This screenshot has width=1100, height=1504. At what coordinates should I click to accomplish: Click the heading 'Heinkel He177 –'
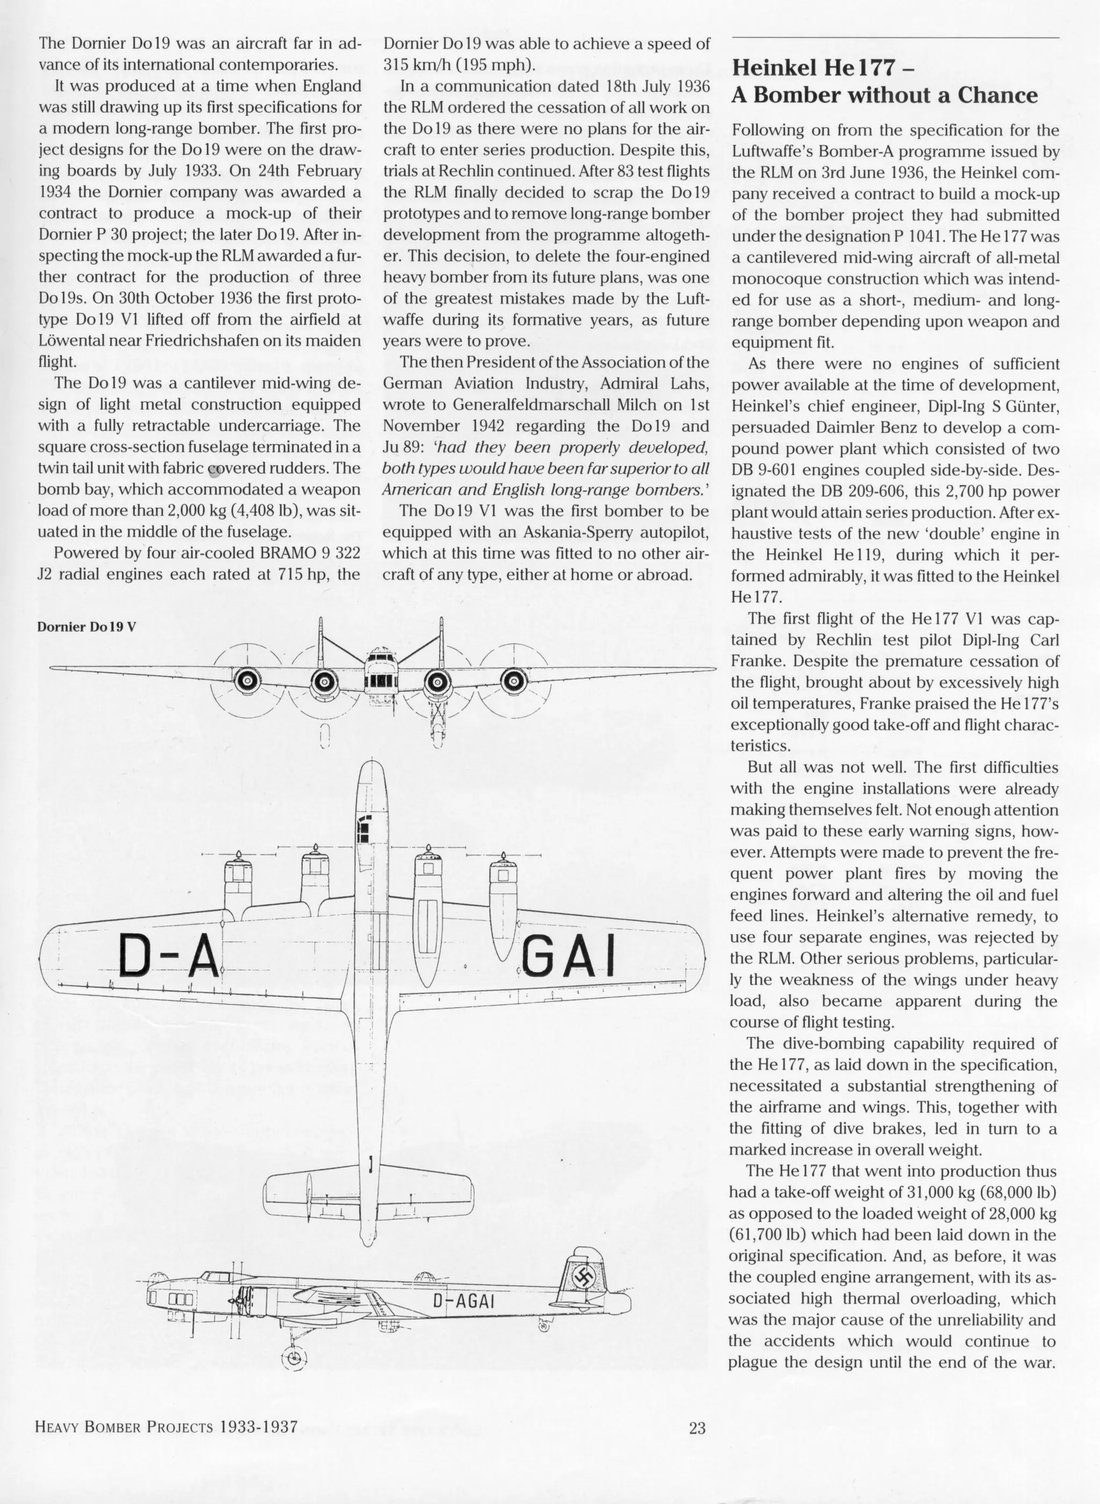pos(822,69)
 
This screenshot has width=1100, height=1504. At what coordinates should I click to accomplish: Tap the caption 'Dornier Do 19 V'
pos(86,627)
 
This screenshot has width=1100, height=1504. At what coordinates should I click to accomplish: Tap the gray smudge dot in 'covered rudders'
pos(214,472)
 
